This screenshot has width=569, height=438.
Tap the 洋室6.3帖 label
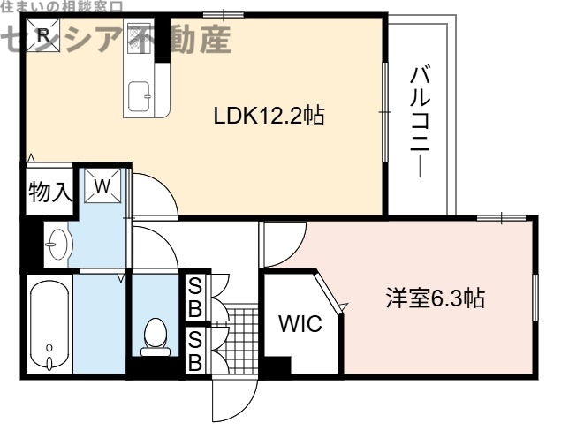point(434,298)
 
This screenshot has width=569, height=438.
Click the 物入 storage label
point(48,191)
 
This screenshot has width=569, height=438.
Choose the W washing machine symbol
point(102,185)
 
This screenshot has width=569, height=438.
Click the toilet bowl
point(156,335)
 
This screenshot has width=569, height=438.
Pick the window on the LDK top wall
point(223,14)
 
